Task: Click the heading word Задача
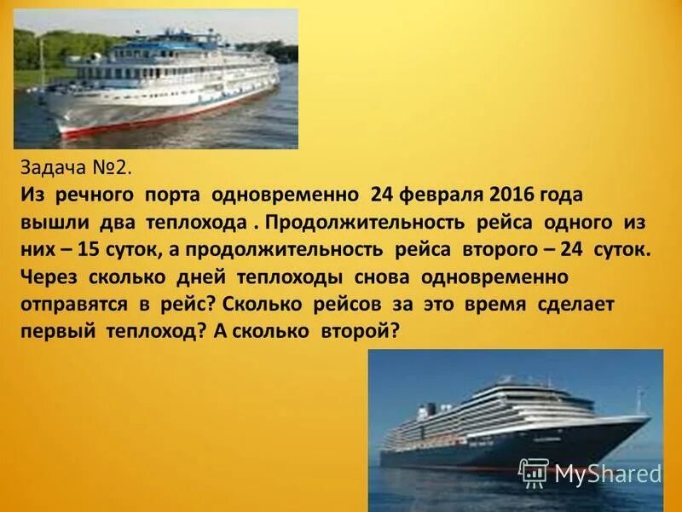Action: click(x=50, y=167)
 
